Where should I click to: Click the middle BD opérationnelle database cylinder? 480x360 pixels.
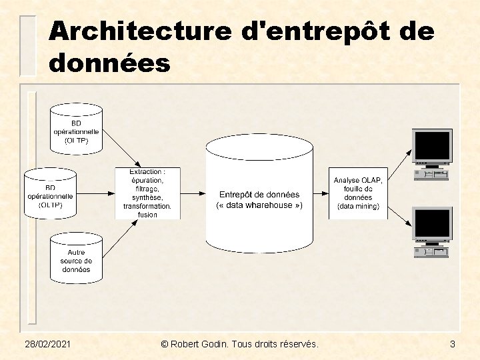(50, 193)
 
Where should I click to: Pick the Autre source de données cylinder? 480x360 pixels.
(77, 257)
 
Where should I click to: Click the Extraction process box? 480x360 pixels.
(147, 193)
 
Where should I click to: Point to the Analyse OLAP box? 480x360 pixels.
(358, 193)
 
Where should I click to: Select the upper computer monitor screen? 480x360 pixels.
(432, 145)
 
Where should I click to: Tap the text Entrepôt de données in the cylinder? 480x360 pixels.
(259, 195)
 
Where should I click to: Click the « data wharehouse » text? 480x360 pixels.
(259, 205)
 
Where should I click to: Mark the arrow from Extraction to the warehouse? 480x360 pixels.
(193, 193)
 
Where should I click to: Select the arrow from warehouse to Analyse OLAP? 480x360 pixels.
(321, 193)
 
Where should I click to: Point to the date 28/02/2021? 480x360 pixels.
(49, 344)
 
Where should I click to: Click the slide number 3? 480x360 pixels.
(453, 344)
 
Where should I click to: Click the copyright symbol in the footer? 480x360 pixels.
(165, 344)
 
